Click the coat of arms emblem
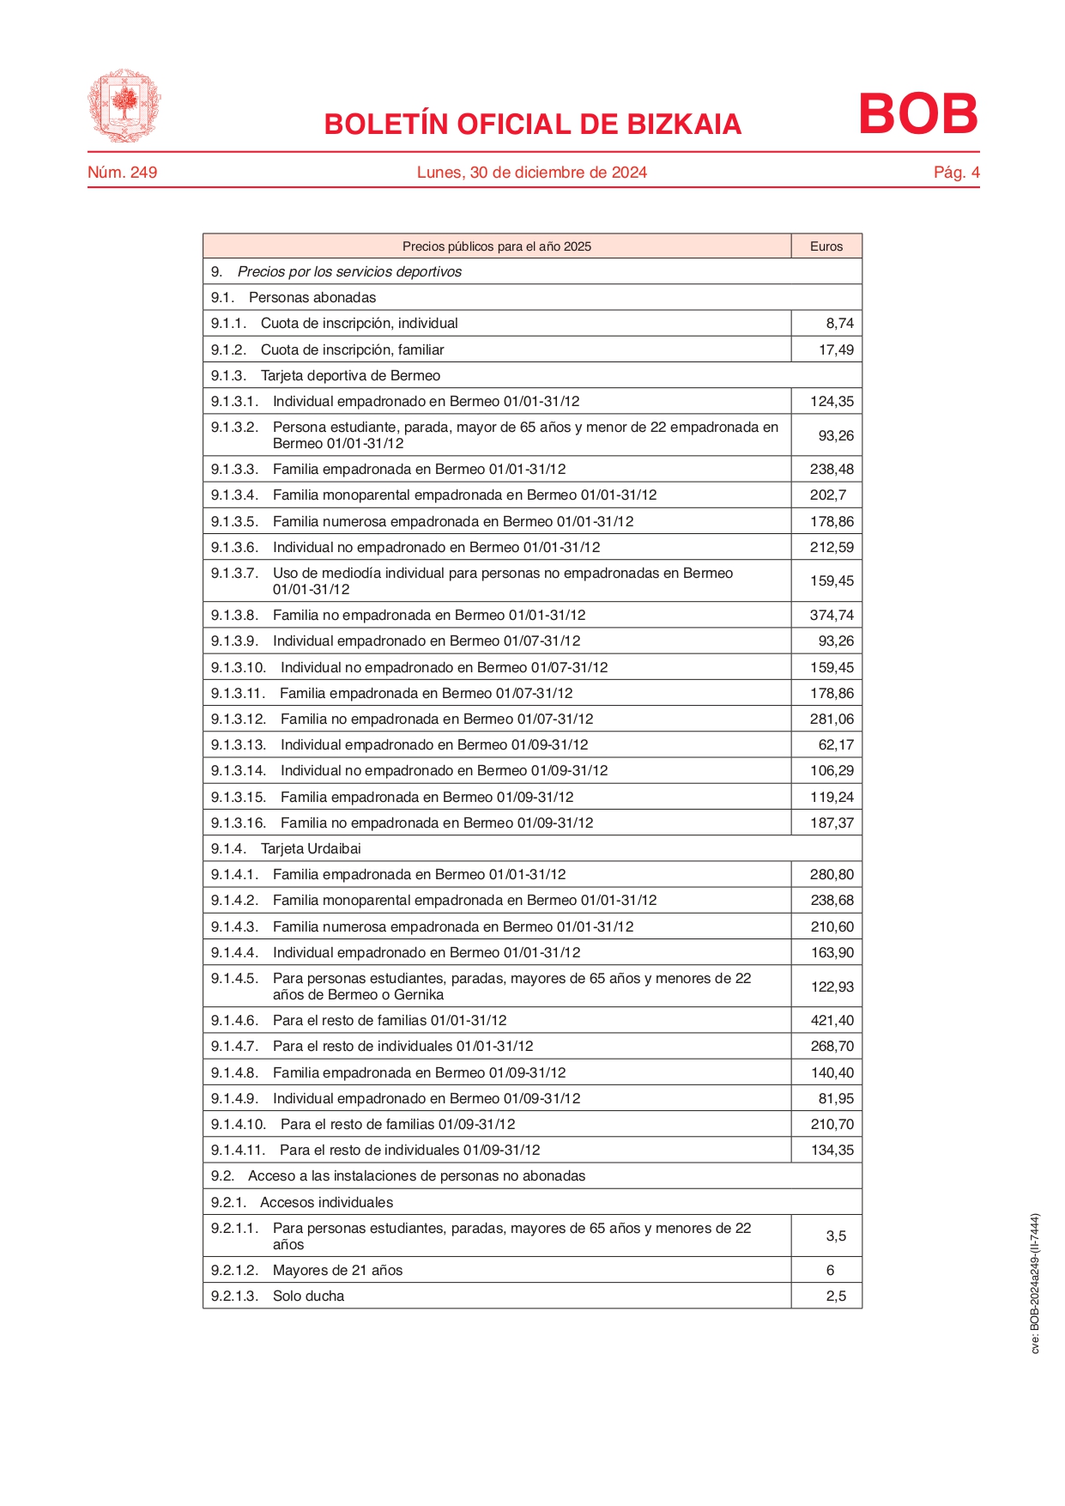124,106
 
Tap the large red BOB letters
917,114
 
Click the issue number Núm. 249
122,173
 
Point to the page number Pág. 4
956,173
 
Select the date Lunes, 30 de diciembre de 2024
531,173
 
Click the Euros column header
826,246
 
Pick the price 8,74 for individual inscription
839,324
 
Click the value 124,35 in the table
832,401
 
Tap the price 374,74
832,615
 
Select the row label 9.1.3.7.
234,573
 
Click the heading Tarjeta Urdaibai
311,848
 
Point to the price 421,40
832,1020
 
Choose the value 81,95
835,1098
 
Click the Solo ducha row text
308,1296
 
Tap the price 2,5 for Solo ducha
836,1296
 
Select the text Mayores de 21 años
337,1270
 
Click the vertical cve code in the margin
1035,1283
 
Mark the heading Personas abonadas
312,298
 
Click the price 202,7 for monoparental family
828,495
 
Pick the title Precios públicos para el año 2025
496,246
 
